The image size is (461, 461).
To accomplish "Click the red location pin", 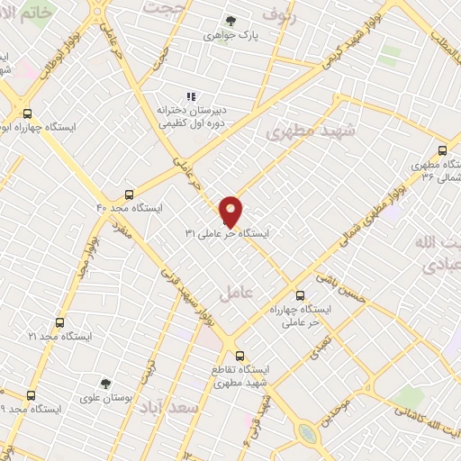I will point(231,211).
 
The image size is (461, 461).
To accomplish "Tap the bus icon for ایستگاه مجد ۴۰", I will point(130,194).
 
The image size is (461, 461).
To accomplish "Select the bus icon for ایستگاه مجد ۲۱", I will point(60,321).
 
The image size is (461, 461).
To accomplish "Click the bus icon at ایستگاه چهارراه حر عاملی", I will point(300,294).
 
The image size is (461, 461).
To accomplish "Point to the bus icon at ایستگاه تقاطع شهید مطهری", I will point(239,355).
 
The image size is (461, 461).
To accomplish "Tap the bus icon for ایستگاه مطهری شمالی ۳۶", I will point(441,150).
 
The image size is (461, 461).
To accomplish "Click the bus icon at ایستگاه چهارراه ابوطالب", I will point(27,114).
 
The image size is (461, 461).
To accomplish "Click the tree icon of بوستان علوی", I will point(105,384).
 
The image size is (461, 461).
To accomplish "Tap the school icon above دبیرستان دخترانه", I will point(190,95).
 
